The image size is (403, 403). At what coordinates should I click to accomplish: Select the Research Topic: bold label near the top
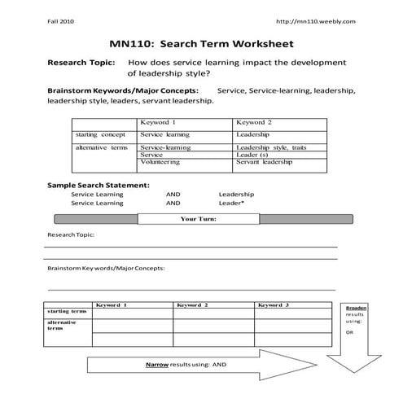(x=81, y=62)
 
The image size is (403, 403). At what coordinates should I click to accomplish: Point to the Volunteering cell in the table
(x=160, y=162)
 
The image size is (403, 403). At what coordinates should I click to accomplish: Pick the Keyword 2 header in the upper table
(x=254, y=122)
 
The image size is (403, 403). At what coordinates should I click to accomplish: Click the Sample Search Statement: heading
(x=98, y=185)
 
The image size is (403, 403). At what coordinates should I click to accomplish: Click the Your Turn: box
(x=198, y=219)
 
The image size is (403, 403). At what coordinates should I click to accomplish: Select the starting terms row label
(x=67, y=311)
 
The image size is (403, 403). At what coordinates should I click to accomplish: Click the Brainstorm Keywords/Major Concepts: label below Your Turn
(x=106, y=267)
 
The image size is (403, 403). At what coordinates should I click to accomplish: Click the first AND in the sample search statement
(x=173, y=195)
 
